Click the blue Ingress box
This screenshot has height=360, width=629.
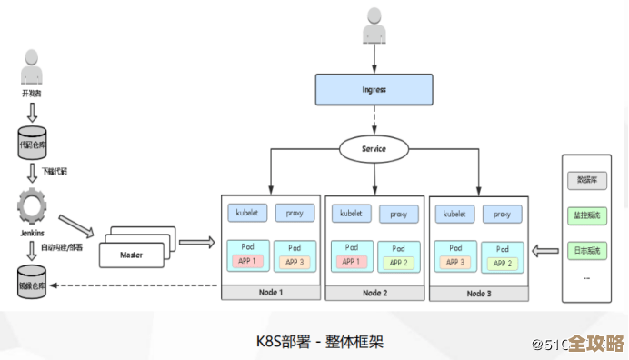coord(374,90)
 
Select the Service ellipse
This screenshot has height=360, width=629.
coord(374,148)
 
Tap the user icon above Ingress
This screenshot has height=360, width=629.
coord(374,26)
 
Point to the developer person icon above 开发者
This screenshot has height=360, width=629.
coord(32,70)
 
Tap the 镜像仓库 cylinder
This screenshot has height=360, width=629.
coord(32,283)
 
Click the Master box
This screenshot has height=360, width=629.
coord(133,254)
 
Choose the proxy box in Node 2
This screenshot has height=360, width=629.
coord(398,214)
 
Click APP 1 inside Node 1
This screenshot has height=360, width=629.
coord(247,262)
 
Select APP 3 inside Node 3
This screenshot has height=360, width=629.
coord(454,262)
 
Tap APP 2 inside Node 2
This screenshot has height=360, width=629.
coord(398,263)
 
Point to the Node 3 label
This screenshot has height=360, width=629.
coord(478,293)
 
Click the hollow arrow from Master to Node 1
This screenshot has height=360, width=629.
coord(196,243)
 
